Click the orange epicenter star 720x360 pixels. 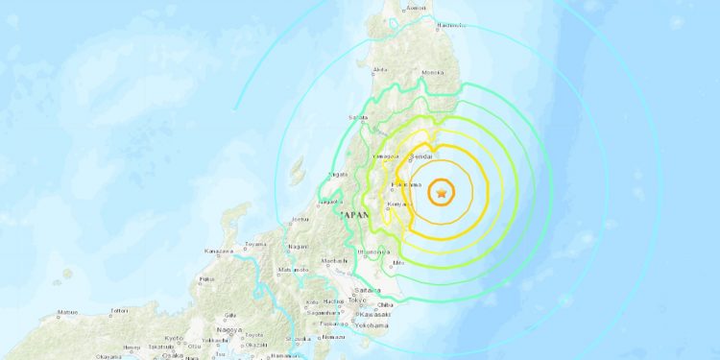(x=441, y=194)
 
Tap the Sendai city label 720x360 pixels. (x=422, y=155)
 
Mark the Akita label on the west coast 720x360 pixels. (x=381, y=70)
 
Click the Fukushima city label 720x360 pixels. (x=407, y=184)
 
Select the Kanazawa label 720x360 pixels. (x=218, y=252)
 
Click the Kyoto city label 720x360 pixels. (x=173, y=339)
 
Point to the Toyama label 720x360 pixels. (x=253, y=245)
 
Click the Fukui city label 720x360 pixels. (x=205, y=279)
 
